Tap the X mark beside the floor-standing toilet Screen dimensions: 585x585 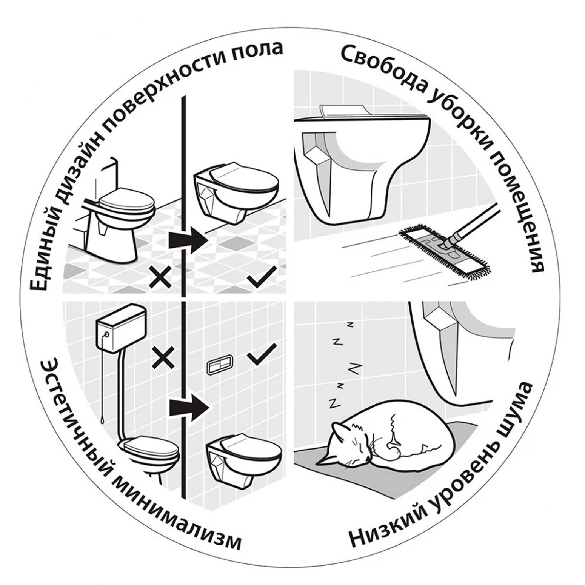(x=160, y=277)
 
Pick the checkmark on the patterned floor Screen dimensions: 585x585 (x=262, y=279)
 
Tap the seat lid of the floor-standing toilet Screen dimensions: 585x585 (x=128, y=202)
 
